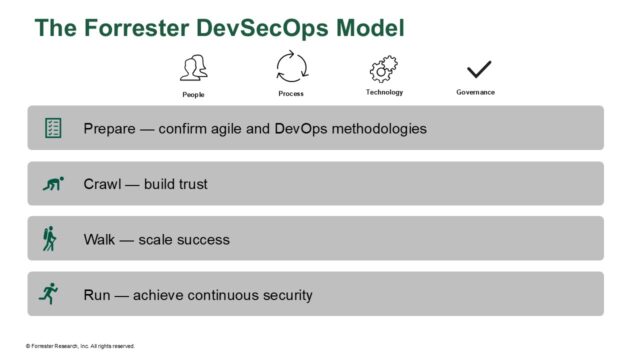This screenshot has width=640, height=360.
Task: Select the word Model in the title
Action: (370, 28)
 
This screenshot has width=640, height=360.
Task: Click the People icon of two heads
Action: (194, 68)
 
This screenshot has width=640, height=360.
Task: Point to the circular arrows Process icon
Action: (291, 68)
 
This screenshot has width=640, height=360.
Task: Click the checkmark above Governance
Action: (480, 69)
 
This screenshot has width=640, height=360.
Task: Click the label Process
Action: (291, 93)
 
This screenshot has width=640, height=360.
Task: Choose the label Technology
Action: (385, 92)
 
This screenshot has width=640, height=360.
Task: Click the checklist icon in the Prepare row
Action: (53, 128)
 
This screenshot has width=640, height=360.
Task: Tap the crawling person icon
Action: (53, 184)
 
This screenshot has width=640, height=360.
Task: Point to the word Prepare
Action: (110, 129)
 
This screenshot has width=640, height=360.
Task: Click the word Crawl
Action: (103, 184)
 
